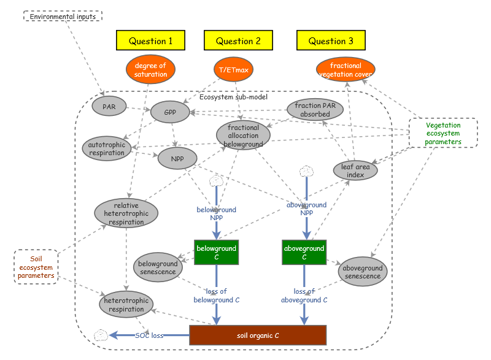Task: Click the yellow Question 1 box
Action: click(x=150, y=40)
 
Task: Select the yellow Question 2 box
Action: click(x=238, y=40)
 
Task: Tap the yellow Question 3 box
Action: click(x=331, y=40)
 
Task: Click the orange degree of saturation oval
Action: click(x=150, y=70)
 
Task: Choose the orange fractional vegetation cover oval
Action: click(x=346, y=70)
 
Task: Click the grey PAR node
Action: click(x=109, y=106)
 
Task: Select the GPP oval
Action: click(x=170, y=113)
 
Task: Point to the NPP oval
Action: click(x=177, y=159)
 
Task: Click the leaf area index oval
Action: click(x=355, y=170)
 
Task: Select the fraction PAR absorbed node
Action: click(x=315, y=110)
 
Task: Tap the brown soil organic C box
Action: click(x=258, y=335)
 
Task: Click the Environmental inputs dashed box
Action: click(x=63, y=17)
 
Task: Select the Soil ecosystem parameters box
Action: click(x=36, y=267)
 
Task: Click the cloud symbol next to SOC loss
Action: click(x=101, y=335)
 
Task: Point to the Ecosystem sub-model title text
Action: click(x=233, y=97)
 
